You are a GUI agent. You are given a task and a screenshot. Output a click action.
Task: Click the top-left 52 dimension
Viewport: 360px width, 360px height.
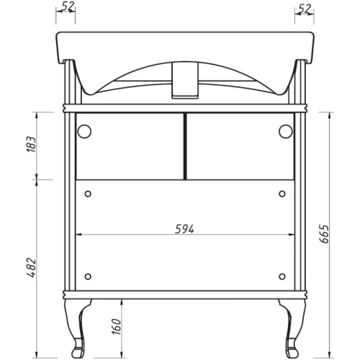[69, 9]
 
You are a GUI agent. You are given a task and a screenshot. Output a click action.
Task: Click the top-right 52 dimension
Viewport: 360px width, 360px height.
[303, 9]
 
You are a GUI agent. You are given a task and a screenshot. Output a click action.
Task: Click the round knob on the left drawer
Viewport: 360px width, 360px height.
[84, 131]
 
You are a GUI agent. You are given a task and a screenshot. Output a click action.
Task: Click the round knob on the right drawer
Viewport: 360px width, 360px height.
[286, 131]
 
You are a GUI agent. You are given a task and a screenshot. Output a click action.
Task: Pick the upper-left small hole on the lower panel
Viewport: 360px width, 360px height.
[89, 193]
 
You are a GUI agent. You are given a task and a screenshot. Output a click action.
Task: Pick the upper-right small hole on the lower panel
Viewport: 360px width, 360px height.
[282, 193]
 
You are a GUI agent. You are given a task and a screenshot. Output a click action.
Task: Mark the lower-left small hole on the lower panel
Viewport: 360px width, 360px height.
[89, 277]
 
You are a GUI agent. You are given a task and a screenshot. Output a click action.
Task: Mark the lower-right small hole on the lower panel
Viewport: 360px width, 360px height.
[282, 277]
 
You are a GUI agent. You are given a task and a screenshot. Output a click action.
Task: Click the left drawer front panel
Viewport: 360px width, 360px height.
[130, 146]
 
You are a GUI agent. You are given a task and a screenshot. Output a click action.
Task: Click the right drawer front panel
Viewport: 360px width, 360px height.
[240, 146]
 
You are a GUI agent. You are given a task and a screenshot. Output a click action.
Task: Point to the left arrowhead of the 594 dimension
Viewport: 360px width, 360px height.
[80, 235]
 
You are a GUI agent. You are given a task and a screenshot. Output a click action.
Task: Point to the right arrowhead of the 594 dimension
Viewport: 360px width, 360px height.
[291, 235]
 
